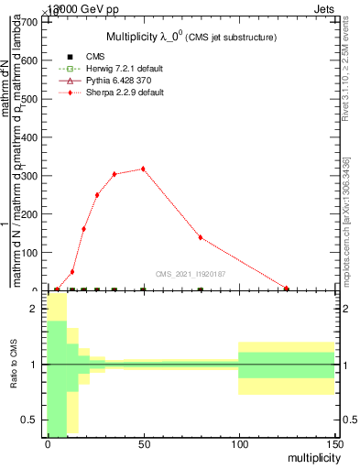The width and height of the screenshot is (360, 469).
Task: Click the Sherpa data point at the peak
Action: click(x=143, y=169)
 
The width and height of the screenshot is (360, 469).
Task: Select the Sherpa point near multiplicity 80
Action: click(x=201, y=237)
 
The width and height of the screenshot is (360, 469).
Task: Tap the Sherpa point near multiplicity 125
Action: click(x=287, y=289)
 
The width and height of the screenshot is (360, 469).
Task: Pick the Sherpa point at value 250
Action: click(x=97, y=195)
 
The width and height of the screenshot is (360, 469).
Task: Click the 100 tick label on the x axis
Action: click(x=238, y=443)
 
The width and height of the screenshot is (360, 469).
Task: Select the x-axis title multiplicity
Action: click(x=309, y=456)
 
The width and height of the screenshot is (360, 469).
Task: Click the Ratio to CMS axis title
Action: click(x=14, y=365)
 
